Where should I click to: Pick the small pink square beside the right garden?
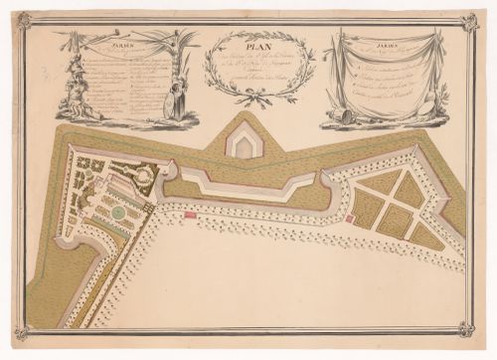(x=349, y=217)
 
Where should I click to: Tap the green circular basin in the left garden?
(x=118, y=210)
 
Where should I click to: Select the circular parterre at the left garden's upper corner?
(x=144, y=176)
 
